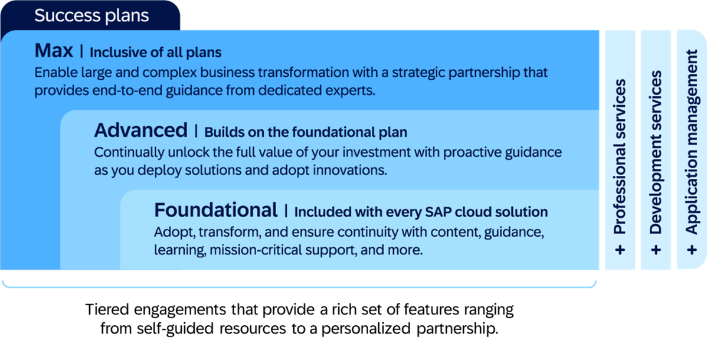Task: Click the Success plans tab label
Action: [x=91, y=16]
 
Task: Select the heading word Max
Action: [x=54, y=51]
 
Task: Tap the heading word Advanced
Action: [x=140, y=131]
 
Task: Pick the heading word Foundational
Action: [x=216, y=210]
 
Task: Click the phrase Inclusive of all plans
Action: [x=156, y=53]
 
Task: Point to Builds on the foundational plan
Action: [x=306, y=132]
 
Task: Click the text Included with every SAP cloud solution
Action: [x=421, y=212]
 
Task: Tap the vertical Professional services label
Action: [x=620, y=156]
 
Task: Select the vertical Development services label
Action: [x=656, y=152]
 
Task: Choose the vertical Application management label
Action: [x=692, y=143]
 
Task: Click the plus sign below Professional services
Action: [x=620, y=250]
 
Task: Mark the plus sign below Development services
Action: [x=656, y=250]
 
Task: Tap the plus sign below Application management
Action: [x=692, y=250]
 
